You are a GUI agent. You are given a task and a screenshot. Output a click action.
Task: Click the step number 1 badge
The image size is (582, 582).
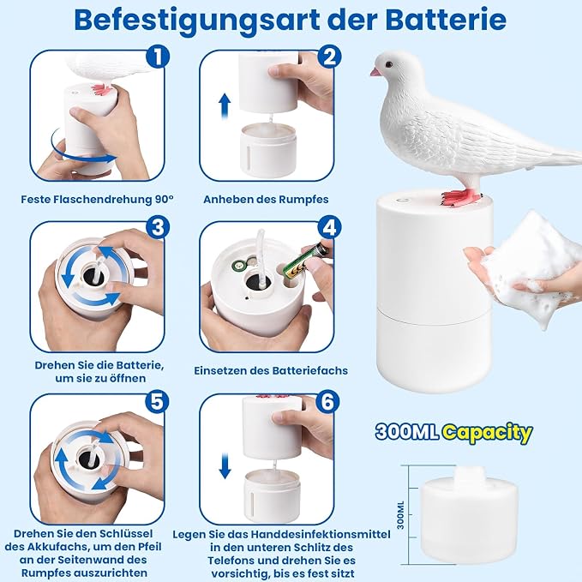coord(158,57)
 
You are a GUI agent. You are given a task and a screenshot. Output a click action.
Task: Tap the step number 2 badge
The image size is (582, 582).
coord(329,57)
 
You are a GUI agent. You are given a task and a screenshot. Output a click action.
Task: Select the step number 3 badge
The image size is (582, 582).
coord(158,226)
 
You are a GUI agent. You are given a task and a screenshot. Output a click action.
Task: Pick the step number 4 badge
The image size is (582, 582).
coord(329,226)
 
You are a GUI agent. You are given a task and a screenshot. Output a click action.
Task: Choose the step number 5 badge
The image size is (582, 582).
coord(157,401)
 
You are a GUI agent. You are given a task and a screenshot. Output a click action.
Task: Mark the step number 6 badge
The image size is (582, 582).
coord(327,401)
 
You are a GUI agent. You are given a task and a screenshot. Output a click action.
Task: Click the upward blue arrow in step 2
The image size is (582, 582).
coord(225,106)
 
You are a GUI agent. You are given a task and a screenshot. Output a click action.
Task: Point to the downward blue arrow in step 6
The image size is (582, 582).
coord(225,467)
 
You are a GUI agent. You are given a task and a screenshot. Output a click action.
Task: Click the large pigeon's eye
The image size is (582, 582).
coord(388,64)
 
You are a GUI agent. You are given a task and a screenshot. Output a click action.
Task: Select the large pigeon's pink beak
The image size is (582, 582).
coord(375,72)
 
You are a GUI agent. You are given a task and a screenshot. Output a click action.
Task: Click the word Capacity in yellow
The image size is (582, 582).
coord(488,433)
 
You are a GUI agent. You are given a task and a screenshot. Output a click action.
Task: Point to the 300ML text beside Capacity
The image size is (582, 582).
coord(407,432)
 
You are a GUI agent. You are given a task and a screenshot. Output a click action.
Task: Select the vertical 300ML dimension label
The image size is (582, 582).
coord(400,515)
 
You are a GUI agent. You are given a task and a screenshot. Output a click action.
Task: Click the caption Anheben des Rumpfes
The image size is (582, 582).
coord(266,200)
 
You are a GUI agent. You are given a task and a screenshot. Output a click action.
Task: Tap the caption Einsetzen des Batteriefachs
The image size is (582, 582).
coord(271,370)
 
